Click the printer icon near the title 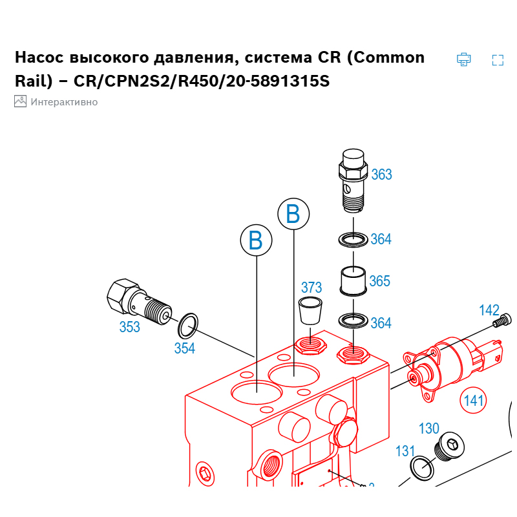[x=463, y=59]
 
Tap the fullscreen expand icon [x=498, y=60]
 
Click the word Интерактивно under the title [x=64, y=101]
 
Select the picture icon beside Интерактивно [x=20, y=101]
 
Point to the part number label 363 [x=381, y=174]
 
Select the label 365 [x=380, y=281]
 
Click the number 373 [x=311, y=288]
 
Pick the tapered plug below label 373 [x=310, y=312]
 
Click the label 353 [x=129, y=327]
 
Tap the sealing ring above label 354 [x=187, y=326]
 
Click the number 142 [x=489, y=310]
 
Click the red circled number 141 [x=474, y=401]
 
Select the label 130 [x=429, y=428]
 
